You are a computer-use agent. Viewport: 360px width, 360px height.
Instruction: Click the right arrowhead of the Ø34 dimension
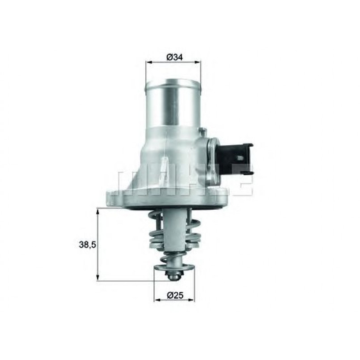pyautogui.click(x=199, y=63)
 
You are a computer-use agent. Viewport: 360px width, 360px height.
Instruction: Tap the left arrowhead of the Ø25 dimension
pyautogui.click(x=156, y=300)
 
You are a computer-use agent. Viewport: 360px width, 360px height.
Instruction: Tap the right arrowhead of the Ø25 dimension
pyautogui.click(x=193, y=300)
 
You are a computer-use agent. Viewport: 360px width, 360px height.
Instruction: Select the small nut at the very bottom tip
pyautogui.click(x=174, y=276)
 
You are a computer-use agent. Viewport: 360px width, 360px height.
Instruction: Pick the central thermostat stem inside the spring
pyautogui.click(x=174, y=233)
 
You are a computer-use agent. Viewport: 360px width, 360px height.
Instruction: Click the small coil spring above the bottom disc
pyautogui.click(x=174, y=258)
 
